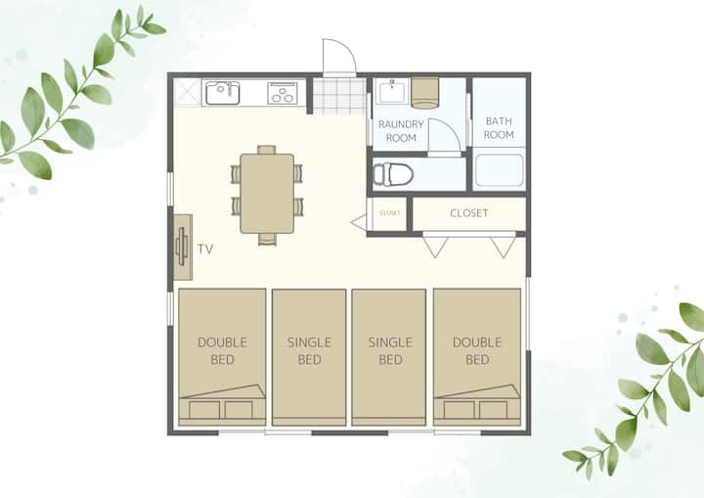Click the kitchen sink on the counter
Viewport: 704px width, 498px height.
[x=222, y=93]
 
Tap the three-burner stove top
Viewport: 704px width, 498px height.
[x=283, y=93]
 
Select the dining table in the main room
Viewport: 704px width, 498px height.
[x=267, y=194]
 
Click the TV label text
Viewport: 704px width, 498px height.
[x=205, y=249]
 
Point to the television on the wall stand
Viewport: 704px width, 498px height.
[x=182, y=247]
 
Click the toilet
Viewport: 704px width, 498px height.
[x=393, y=174]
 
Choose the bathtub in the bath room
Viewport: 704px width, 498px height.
[x=499, y=170]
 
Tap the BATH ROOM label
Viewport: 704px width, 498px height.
[x=499, y=128]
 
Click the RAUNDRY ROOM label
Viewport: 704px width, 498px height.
[x=401, y=131]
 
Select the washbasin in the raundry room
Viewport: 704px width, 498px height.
[x=392, y=91]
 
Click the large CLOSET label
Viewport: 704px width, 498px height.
[x=468, y=213]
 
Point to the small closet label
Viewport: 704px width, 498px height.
[x=389, y=213]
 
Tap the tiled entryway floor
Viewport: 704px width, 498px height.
[x=339, y=96]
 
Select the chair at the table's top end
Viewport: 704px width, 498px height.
[x=267, y=150]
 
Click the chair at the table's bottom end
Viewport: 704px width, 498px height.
[x=267, y=239]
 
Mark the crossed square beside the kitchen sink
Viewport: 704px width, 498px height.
[x=187, y=93]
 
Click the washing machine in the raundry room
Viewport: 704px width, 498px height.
[x=424, y=94]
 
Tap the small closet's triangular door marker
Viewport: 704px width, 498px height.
[x=360, y=222]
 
